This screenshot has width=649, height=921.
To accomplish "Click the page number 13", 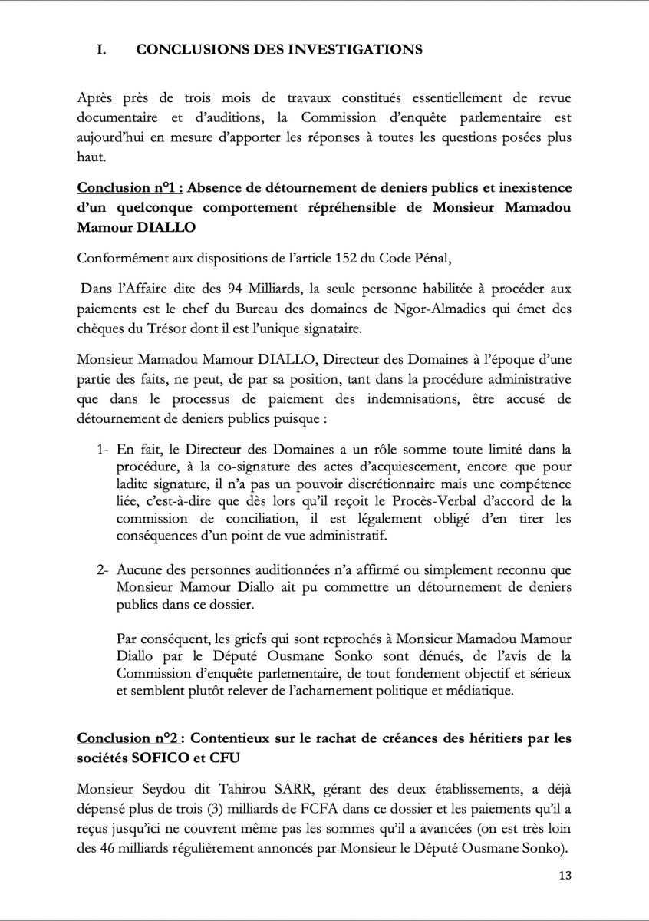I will click(564, 876).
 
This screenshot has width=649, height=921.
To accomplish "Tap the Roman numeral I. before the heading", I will click(101, 50).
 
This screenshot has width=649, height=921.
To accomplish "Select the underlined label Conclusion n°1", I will click(129, 187).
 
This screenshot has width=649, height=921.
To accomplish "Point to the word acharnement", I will click(348, 689).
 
